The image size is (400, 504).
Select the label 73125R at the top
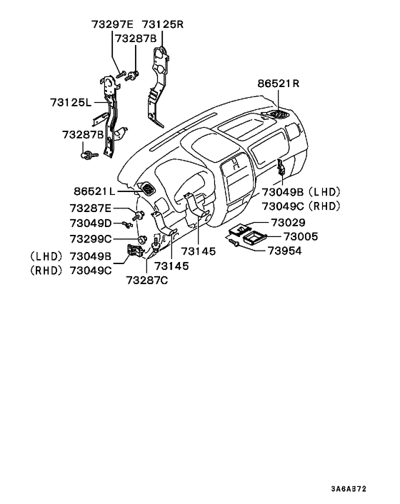tap(163, 24)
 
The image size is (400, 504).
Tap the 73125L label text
tap(71, 103)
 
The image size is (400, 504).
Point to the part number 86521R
tap(279, 84)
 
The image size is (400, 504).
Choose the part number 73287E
tap(90, 208)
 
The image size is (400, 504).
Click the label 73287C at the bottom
tap(146, 281)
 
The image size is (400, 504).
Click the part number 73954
tap(285, 251)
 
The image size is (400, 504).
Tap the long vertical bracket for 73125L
tap(109, 114)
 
